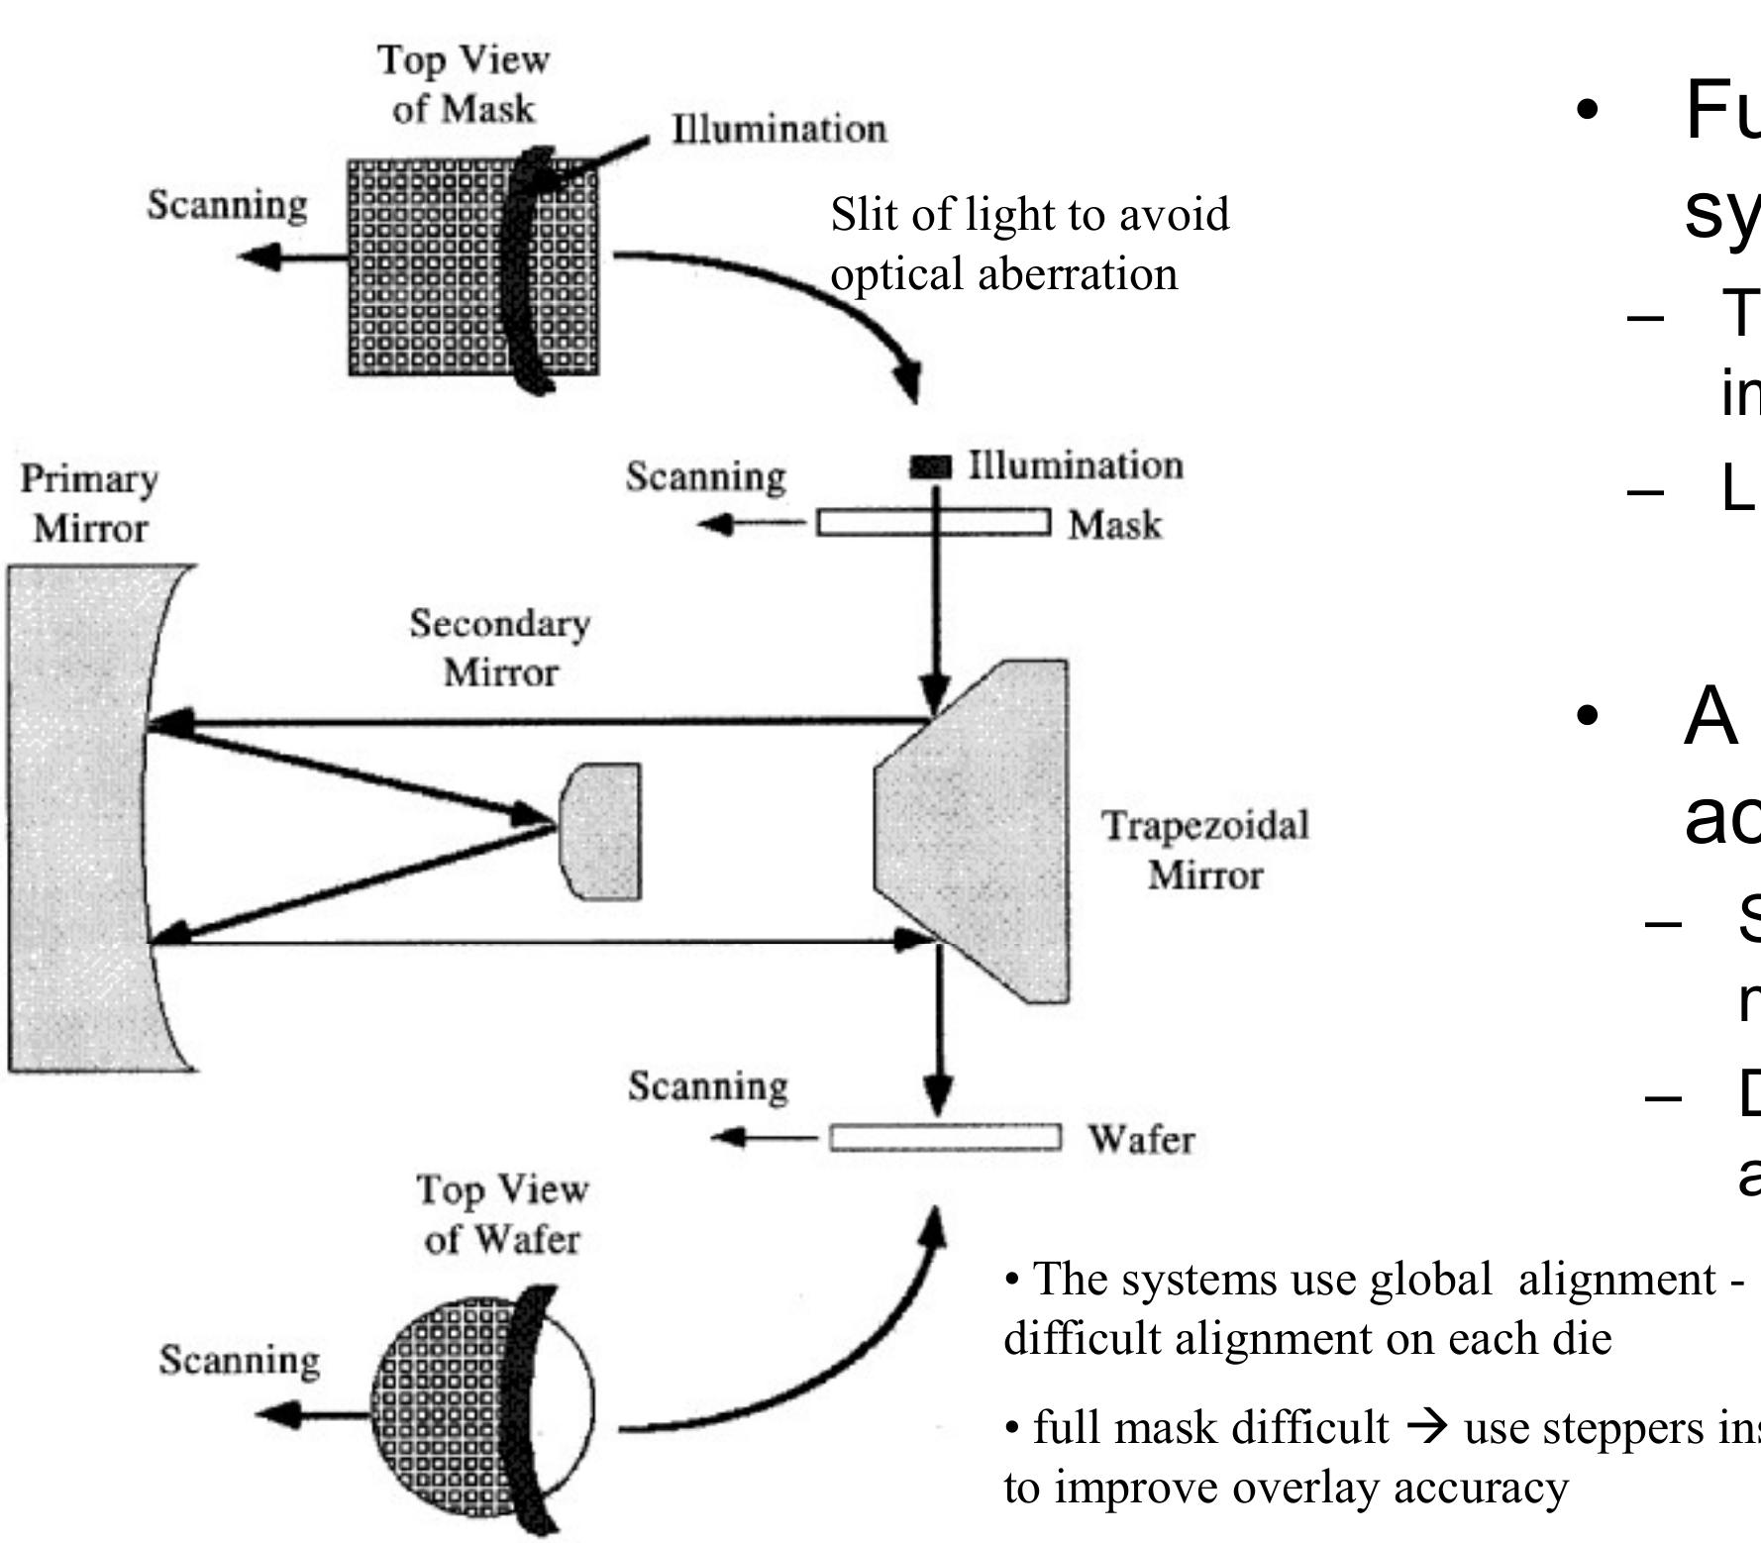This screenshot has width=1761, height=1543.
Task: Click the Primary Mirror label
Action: (89, 503)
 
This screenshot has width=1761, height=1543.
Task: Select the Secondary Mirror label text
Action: (499, 648)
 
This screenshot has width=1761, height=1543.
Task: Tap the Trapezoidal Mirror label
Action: (1205, 850)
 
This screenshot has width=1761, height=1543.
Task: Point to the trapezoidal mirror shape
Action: (981, 832)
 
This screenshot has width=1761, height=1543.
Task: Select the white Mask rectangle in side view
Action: (932, 522)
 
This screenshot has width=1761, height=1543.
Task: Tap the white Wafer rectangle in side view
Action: (945, 1138)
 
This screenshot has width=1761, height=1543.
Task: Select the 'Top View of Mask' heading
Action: (463, 83)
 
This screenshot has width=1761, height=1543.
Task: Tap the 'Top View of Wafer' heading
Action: (501, 1213)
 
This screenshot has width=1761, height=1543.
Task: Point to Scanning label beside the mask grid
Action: (227, 205)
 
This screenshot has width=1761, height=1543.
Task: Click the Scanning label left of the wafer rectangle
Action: (707, 1085)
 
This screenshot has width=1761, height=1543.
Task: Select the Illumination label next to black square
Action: (1075, 464)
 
